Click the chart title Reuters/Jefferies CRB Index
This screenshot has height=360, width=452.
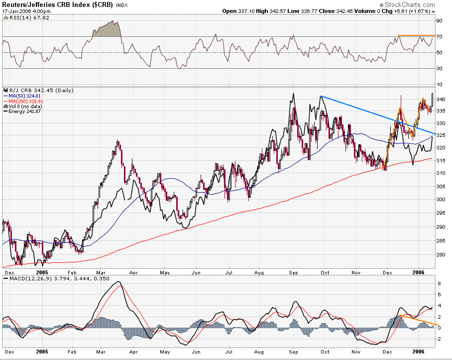tap(57, 5)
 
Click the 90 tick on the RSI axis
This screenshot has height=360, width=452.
tap(440, 21)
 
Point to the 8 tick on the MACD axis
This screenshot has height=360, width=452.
tap(438, 283)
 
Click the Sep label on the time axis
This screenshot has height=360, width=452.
tap(294, 273)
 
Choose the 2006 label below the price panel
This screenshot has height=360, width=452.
tap(419, 273)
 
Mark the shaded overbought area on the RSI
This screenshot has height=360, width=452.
tap(107, 30)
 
